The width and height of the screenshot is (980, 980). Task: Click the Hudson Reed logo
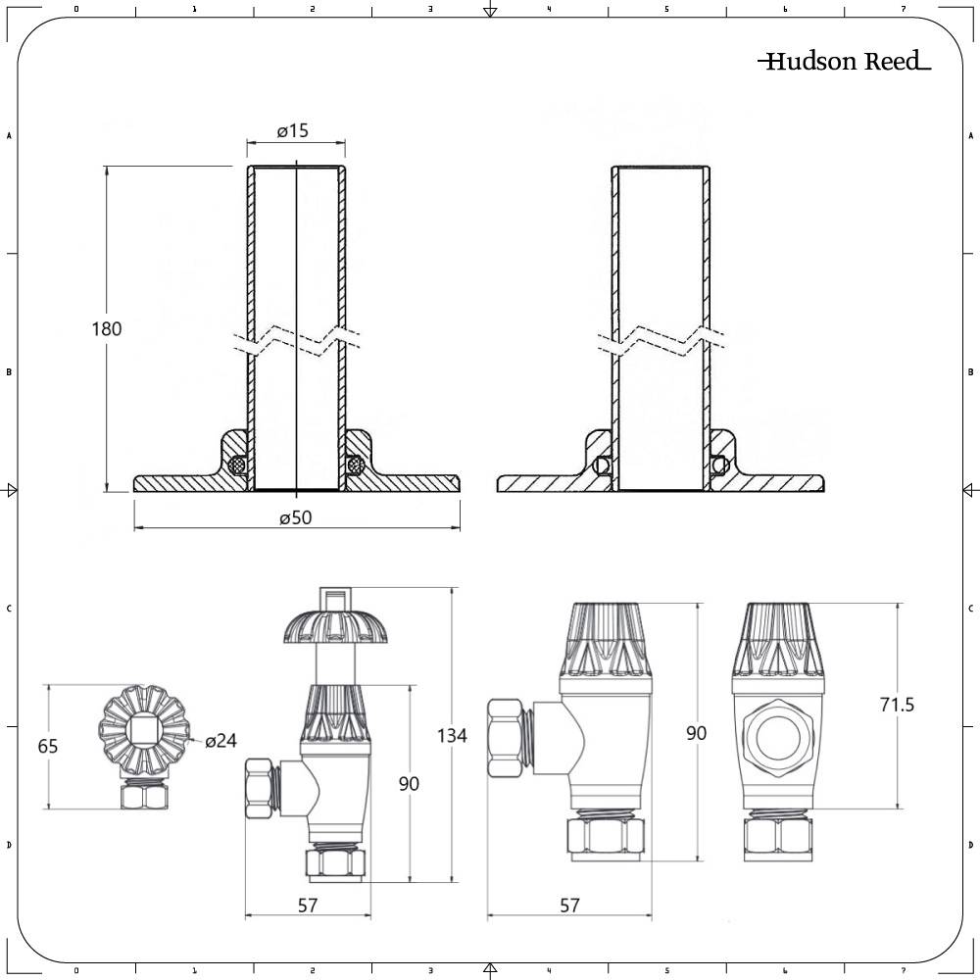pyautogui.click(x=844, y=63)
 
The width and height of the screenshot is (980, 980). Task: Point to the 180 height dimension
pyautogui.click(x=106, y=328)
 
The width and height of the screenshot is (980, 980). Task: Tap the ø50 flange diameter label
pyautogui.click(x=294, y=517)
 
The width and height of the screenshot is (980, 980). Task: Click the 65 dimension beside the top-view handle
pyautogui.click(x=48, y=746)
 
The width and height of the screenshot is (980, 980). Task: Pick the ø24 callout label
pyautogui.click(x=221, y=741)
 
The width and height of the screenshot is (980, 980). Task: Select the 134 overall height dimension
pyautogui.click(x=453, y=735)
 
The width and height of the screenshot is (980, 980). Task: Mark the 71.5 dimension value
pyautogui.click(x=896, y=705)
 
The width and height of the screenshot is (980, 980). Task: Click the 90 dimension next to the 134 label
pyautogui.click(x=409, y=783)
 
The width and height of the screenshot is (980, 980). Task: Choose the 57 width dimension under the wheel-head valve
pyautogui.click(x=308, y=906)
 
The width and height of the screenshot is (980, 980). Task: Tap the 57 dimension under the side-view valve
pyautogui.click(x=568, y=906)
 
